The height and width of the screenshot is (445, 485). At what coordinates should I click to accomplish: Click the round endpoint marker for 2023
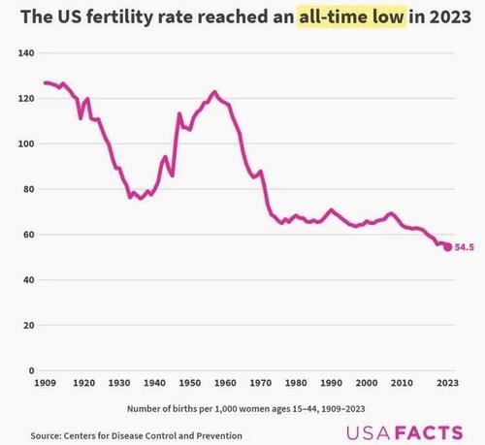pyautogui.click(x=447, y=247)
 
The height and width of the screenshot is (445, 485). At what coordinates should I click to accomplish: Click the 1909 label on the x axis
pyautogui.click(x=45, y=384)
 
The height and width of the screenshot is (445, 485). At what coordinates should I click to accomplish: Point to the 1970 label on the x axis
pyautogui.click(x=260, y=384)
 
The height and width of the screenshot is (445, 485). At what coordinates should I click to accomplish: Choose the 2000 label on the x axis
pyautogui.click(x=367, y=384)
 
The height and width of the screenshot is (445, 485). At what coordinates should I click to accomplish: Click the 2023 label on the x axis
pyautogui.click(x=447, y=384)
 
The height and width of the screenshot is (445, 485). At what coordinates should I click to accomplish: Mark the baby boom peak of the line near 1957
pyautogui.click(x=214, y=92)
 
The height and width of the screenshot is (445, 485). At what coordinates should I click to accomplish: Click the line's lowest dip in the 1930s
pyautogui.click(x=141, y=199)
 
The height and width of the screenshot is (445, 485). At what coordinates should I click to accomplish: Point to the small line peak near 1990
pyautogui.click(x=331, y=209)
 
